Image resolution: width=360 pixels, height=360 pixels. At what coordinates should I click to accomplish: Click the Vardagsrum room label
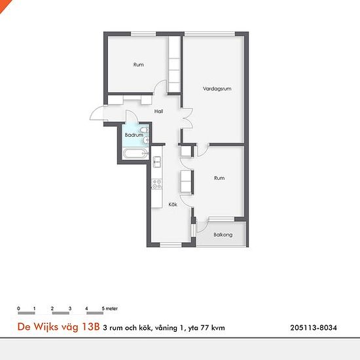coord(217,88)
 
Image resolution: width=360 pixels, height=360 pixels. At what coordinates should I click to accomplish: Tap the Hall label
coord(158,111)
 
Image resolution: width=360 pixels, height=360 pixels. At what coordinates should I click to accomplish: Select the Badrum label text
coord(134,135)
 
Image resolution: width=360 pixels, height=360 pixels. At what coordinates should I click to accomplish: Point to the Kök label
coord(173,204)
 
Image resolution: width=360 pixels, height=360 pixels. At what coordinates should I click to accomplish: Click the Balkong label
coord(223,234)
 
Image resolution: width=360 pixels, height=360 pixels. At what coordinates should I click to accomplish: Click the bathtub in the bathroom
coord(135,153)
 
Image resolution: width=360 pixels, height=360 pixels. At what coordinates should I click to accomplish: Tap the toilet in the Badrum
coord(145,130)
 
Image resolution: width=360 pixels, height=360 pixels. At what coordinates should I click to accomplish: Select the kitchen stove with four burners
coord(157,184)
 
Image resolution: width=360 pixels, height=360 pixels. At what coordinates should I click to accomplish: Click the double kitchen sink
coord(157,162)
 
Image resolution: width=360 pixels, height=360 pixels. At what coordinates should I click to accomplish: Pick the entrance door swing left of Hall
coord(96,113)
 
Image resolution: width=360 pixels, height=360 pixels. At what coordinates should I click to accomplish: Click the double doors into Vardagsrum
coord(187,118)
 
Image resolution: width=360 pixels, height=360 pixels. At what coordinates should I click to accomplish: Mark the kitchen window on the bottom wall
coord(171,245)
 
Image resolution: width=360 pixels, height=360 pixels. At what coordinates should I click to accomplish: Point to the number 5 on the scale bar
coord(103,308)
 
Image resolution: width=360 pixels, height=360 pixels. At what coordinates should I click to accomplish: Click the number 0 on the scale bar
coord(18,308)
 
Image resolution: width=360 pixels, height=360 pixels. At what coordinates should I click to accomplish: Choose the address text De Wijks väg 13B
coord(58,327)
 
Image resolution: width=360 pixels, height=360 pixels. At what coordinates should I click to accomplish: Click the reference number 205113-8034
coord(314,328)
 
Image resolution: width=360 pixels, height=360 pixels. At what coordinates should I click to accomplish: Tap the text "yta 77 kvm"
coord(206,328)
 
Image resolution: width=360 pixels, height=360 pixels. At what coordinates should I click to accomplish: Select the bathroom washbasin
coord(145,140)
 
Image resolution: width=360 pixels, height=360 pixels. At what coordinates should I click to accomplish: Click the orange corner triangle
coord(4,4)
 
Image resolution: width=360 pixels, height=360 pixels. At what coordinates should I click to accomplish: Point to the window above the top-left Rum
coord(143,34)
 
